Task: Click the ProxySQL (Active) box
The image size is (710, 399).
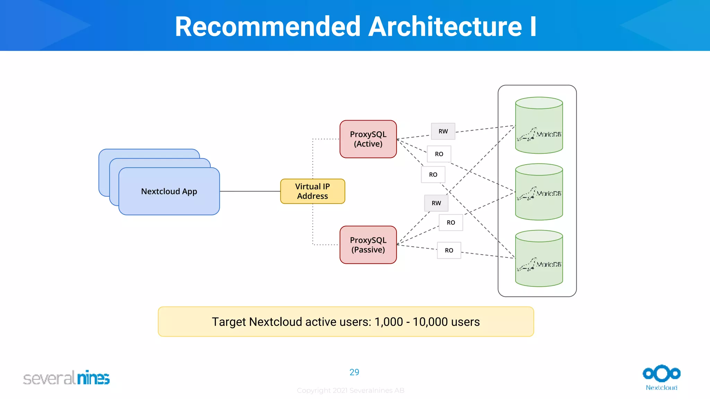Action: (368, 139)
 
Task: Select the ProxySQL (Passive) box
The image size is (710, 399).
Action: (368, 245)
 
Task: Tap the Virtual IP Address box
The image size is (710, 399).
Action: (312, 191)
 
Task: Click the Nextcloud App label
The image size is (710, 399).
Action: (169, 191)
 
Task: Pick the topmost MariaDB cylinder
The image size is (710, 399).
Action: (539, 125)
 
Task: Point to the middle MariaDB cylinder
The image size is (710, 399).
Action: (539, 192)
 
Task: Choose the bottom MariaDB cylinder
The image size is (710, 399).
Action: (539, 258)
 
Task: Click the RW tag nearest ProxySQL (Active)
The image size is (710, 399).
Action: (443, 131)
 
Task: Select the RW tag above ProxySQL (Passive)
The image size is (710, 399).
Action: (436, 203)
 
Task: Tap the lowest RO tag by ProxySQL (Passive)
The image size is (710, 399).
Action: (449, 250)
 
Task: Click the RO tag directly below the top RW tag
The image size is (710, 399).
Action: (439, 154)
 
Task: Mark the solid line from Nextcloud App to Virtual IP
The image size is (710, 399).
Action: (250, 191)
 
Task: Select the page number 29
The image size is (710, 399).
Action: (354, 372)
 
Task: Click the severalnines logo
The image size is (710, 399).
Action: (66, 378)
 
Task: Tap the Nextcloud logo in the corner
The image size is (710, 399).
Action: (661, 377)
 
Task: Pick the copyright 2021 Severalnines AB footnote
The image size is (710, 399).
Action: (350, 390)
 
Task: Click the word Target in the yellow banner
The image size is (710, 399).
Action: (229, 322)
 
